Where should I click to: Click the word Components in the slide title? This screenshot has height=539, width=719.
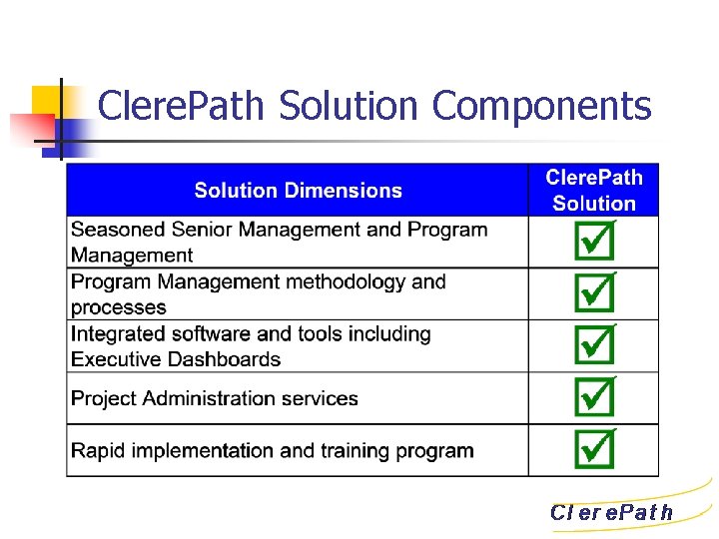542,106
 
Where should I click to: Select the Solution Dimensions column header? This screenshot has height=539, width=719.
298,191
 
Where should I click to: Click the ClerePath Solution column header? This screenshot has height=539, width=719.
594,191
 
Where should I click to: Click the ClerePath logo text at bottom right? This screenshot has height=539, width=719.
612,513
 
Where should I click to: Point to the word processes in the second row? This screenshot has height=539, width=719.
118,308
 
